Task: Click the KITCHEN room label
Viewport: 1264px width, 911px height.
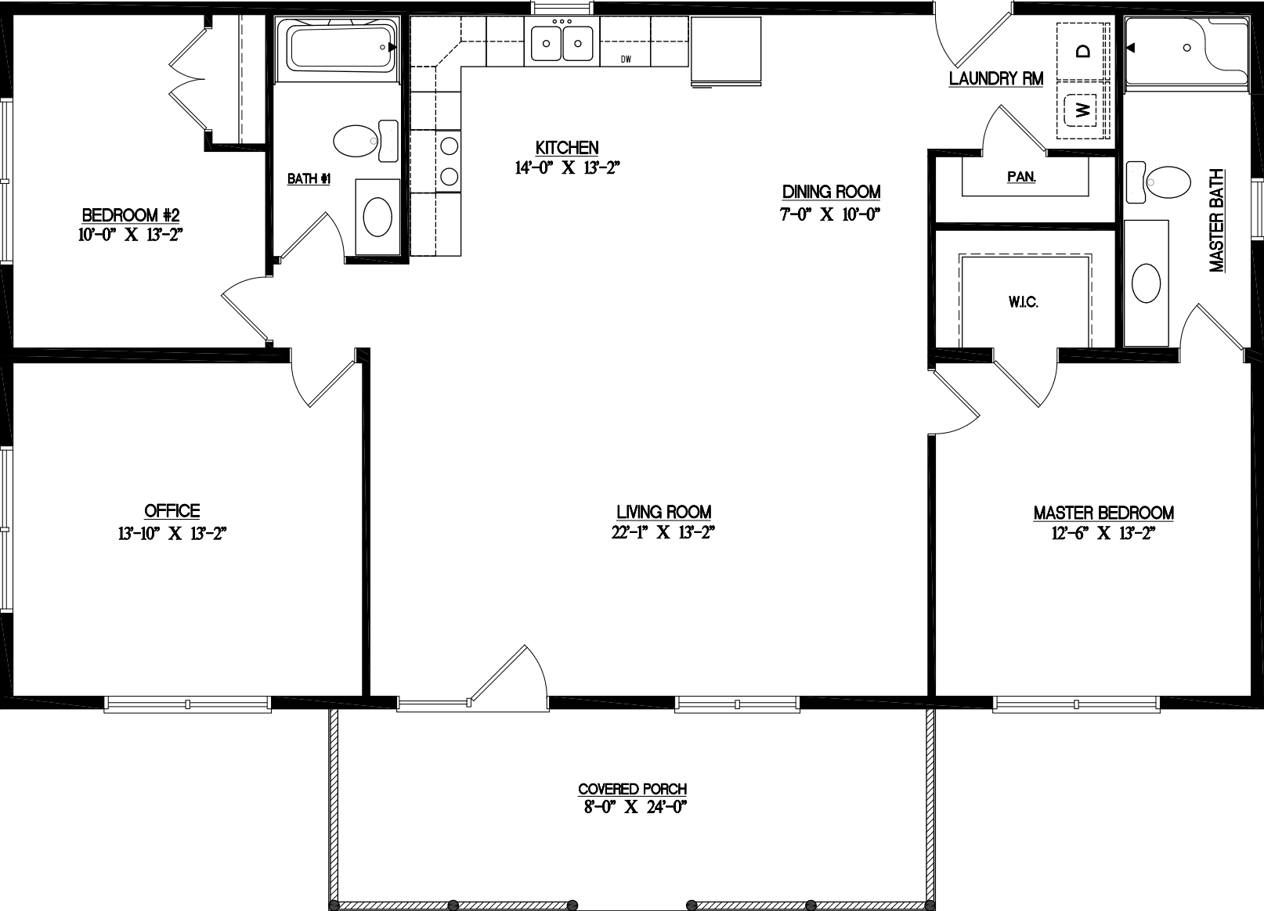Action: click(x=567, y=147)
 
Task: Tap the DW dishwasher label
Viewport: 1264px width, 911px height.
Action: click(x=626, y=59)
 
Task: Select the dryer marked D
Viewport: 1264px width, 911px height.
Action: click(x=1083, y=52)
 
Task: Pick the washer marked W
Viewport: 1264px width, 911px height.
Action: click(x=1083, y=110)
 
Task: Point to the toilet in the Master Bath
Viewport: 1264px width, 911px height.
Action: click(x=1168, y=181)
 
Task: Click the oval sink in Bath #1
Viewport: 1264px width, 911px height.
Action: click(x=377, y=215)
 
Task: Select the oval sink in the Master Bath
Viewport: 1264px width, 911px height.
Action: click(x=1147, y=282)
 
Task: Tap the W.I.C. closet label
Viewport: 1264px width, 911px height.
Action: click(x=1024, y=302)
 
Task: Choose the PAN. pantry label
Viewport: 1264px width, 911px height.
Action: click(x=1021, y=178)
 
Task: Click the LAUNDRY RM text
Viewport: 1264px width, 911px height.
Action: click(x=995, y=78)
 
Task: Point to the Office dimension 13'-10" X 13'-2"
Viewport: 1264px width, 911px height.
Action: click(x=172, y=534)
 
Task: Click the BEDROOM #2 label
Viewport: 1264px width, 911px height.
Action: click(x=131, y=215)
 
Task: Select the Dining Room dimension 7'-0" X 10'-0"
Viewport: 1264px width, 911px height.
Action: click(x=831, y=214)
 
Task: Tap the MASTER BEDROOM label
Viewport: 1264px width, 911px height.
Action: click(x=1103, y=513)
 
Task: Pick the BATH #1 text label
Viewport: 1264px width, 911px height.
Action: click(x=309, y=179)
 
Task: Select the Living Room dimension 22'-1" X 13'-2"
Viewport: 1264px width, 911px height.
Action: click(x=663, y=533)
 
